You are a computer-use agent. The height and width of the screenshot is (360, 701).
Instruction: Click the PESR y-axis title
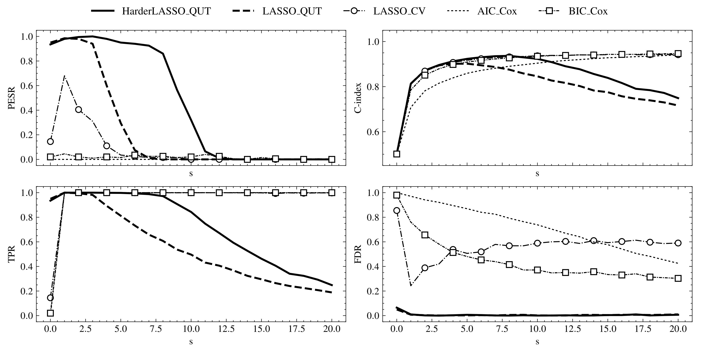coord(11,98)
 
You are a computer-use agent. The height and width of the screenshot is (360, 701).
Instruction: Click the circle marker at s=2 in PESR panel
coord(79,110)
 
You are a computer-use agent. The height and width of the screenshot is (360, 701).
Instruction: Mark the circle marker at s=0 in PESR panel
coord(50,142)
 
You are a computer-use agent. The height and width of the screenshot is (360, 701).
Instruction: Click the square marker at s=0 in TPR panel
coord(50,313)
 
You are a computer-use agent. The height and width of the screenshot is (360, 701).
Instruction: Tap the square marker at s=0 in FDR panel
coord(397,195)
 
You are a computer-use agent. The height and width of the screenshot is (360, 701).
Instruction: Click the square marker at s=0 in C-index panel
coord(397,154)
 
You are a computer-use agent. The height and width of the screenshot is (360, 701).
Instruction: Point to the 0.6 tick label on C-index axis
coord(373,132)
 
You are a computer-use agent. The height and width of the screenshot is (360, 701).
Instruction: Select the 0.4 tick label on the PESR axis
coord(27,110)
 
